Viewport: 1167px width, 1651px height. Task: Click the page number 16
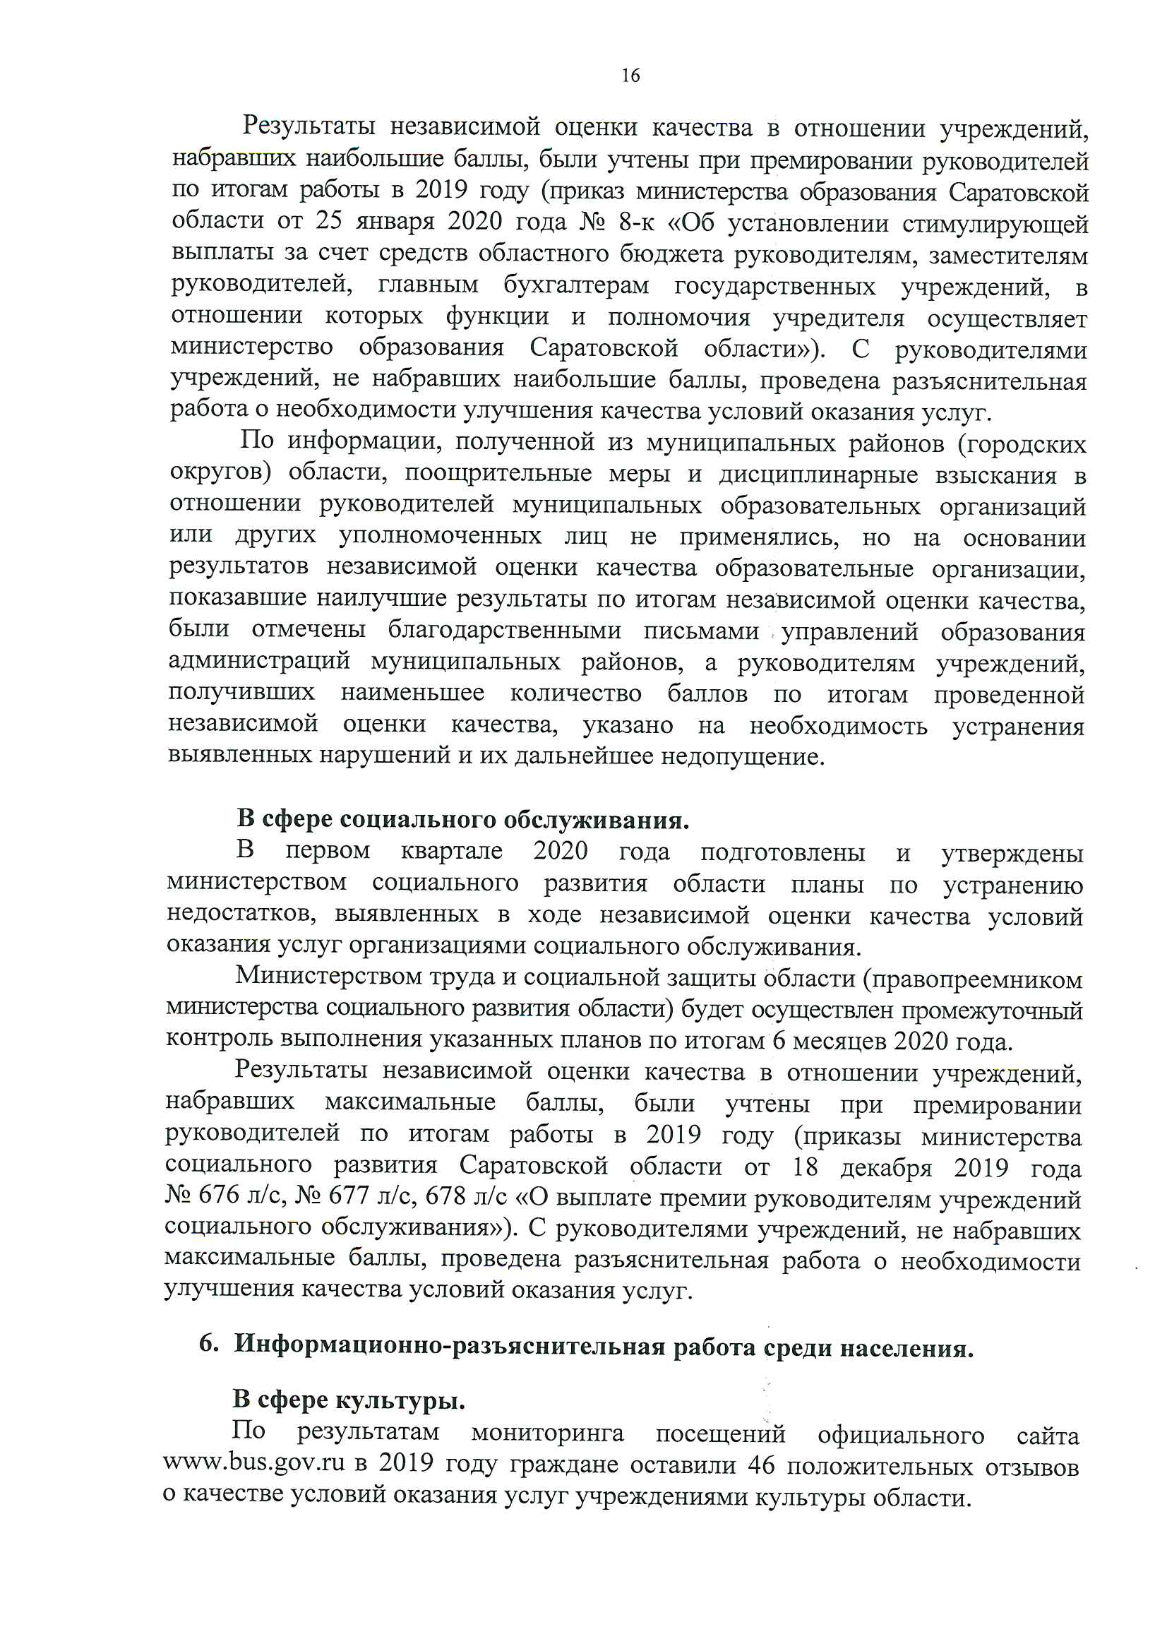[x=630, y=76]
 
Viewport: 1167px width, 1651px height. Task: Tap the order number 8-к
[x=635, y=222]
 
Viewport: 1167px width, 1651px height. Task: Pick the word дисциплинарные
[x=818, y=475]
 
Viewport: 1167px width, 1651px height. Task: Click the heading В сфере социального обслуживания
[x=462, y=819]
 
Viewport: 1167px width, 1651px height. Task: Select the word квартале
[x=452, y=851]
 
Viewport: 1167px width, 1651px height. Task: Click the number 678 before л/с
[x=445, y=1196]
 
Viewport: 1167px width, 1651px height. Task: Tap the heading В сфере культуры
[x=349, y=1400]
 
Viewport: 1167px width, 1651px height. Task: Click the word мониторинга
[x=547, y=1432]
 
